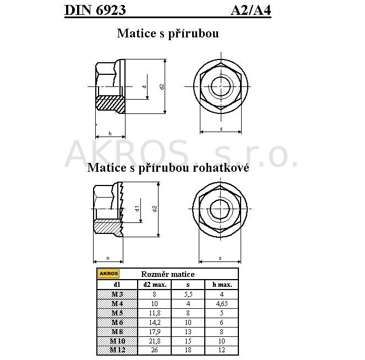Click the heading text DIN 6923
coord(95,10)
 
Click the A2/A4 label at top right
coord(250,10)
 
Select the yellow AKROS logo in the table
coord(108,274)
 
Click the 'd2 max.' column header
coord(155,285)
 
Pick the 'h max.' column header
coord(222,285)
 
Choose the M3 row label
coord(117,294)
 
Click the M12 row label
coord(117,350)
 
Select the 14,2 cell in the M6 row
coord(155,322)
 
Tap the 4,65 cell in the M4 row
coord(222,303)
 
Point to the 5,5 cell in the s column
coord(188,294)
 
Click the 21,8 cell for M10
coord(155,341)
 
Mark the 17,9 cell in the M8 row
coord(155,331)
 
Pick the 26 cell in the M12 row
coord(155,350)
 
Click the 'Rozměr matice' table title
coord(168,274)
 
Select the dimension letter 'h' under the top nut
coord(110,134)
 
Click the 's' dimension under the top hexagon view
coord(221,129)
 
